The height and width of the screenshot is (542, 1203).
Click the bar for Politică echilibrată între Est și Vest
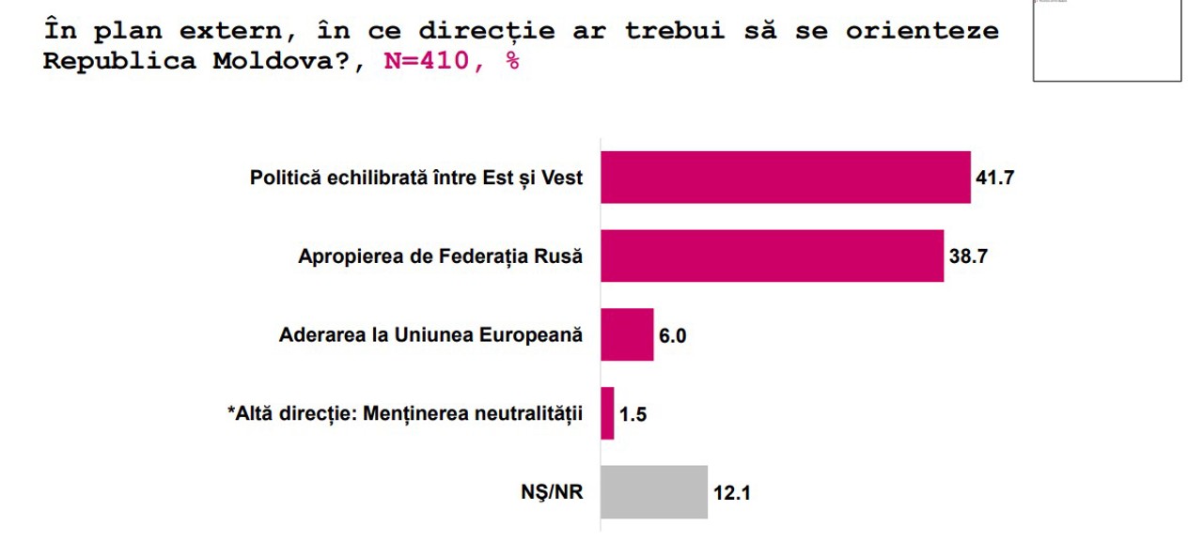pyautogui.click(x=785, y=177)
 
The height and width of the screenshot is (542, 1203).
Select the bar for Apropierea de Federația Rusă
pyautogui.click(x=772, y=256)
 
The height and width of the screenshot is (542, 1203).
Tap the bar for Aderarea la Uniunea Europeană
pyautogui.click(x=627, y=334)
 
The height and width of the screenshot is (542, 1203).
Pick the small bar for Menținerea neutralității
pyautogui.click(x=607, y=413)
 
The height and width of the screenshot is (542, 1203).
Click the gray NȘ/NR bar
pyautogui.click(x=654, y=491)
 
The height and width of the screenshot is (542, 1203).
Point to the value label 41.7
pyautogui.click(x=995, y=178)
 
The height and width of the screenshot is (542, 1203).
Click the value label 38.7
pyautogui.click(x=968, y=256)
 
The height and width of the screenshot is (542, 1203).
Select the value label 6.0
pyautogui.click(x=673, y=335)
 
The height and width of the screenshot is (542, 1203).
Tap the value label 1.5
pyautogui.click(x=633, y=414)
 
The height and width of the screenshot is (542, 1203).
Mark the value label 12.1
pyautogui.click(x=731, y=492)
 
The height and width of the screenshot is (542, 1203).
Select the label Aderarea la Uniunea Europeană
pyautogui.click(x=431, y=335)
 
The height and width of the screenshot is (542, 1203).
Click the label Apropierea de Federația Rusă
pyautogui.click(x=441, y=256)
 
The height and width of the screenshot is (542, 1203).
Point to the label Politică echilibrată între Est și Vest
pyautogui.click(x=416, y=178)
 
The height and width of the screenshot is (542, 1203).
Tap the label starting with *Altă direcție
pyautogui.click(x=405, y=414)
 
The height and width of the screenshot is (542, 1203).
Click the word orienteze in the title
pyautogui.click(x=921, y=30)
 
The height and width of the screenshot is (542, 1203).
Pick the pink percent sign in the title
pyautogui.click(x=512, y=62)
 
